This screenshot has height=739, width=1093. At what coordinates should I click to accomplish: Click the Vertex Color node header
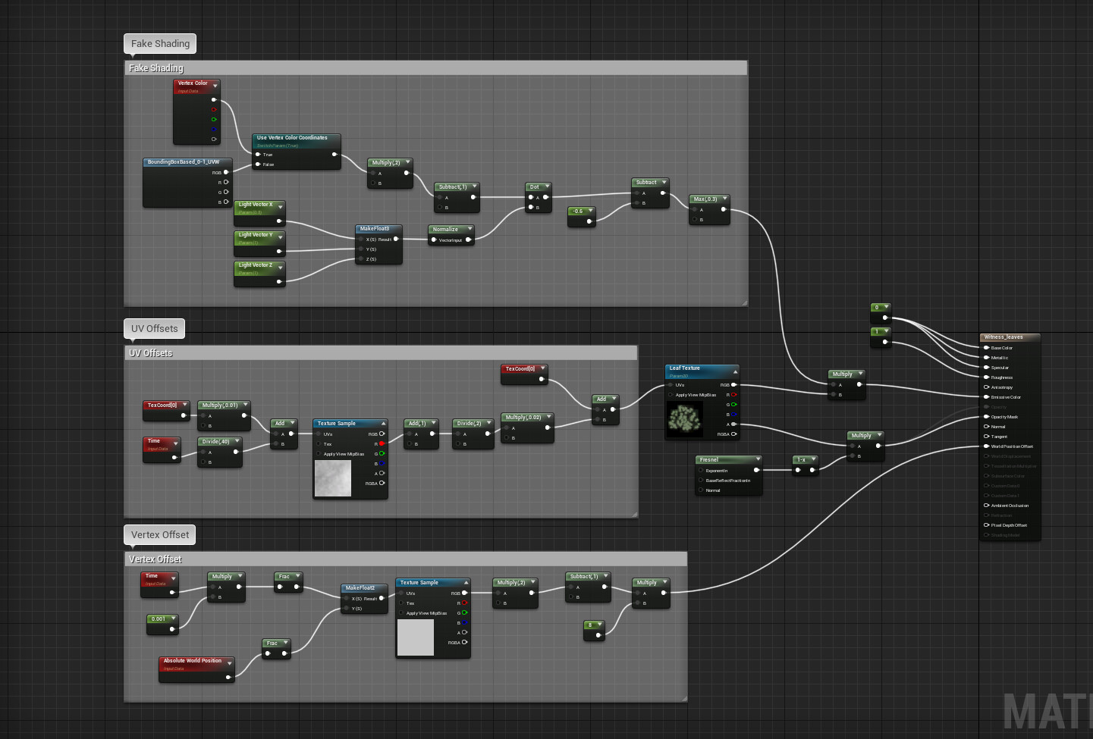[x=193, y=83]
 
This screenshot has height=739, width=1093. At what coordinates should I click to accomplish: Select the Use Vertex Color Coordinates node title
[x=292, y=138]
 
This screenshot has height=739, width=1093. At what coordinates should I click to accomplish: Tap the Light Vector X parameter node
[x=256, y=205]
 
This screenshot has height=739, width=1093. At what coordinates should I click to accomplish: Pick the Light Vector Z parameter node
[x=256, y=265]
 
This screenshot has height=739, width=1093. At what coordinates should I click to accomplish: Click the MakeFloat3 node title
[x=375, y=229]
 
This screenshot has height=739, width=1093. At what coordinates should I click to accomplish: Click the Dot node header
[x=535, y=187]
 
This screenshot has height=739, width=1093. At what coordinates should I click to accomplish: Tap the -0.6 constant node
[x=579, y=211]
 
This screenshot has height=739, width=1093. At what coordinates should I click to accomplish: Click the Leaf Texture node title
[x=685, y=368]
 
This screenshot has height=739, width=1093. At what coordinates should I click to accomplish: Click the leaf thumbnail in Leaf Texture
[x=685, y=420]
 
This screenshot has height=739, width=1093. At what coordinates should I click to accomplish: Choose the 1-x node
[x=802, y=460]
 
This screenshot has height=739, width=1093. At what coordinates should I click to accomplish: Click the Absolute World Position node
[x=193, y=661]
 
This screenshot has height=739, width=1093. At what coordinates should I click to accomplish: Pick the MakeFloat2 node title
[x=361, y=588]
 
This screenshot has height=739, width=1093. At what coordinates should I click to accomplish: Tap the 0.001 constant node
[x=159, y=619]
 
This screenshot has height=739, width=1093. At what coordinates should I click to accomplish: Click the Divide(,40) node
[x=216, y=442]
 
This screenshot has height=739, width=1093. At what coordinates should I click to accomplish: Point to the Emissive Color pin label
[x=1006, y=397]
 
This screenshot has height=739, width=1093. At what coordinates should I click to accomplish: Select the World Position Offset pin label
[x=1012, y=446]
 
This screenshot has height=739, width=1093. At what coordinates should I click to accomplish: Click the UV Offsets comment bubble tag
[x=155, y=329]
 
